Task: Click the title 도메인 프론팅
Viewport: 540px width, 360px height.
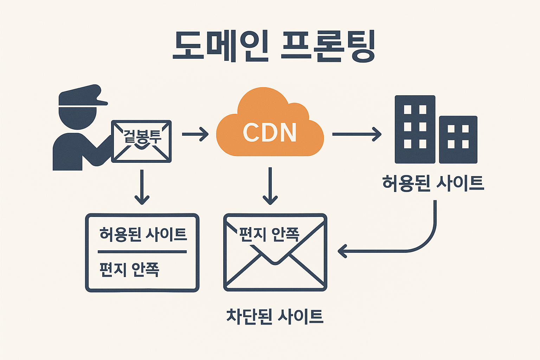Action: [x=274, y=47]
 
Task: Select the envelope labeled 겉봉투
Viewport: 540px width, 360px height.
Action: [x=141, y=141]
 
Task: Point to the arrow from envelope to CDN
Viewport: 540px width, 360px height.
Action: [x=195, y=134]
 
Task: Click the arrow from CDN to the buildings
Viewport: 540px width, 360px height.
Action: [x=356, y=134]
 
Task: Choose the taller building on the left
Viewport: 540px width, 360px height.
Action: [x=415, y=129]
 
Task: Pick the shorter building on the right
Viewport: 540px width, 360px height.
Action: [x=458, y=140]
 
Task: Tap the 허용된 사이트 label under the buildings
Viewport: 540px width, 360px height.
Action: [x=433, y=183]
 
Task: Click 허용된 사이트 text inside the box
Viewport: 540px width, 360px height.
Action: [x=143, y=234]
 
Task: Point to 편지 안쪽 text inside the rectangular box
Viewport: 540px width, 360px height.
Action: [x=129, y=269]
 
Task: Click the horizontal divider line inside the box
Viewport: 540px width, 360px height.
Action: [x=142, y=252]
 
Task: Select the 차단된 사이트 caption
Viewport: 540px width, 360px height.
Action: [x=275, y=316]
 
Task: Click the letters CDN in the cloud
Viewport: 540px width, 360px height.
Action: [x=270, y=133]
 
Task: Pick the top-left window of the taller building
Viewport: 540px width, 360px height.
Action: [x=407, y=109]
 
